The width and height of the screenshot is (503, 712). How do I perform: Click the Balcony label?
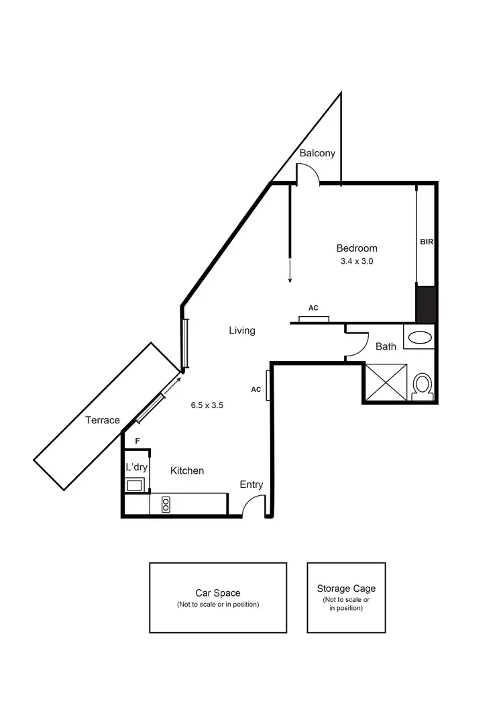click(317, 153)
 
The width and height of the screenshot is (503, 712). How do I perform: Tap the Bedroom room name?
click(357, 248)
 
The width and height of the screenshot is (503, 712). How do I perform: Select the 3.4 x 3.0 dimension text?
click(357, 262)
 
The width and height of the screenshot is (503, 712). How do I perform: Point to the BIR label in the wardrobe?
click(427, 242)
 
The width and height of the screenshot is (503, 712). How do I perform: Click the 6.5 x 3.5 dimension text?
click(207, 405)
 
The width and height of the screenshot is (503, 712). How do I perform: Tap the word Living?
click(241, 330)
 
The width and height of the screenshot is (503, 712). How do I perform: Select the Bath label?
click(386, 346)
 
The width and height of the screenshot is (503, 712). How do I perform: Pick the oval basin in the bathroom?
click(421, 337)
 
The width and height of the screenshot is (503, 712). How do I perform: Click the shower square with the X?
click(385, 383)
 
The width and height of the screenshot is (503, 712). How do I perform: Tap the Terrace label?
click(103, 421)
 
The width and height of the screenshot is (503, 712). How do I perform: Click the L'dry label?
click(137, 466)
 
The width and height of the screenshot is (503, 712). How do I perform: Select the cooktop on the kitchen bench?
click(165, 504)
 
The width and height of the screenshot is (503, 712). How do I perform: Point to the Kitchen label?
click(186, 471)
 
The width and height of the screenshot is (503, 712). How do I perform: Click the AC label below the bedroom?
click(313, 308)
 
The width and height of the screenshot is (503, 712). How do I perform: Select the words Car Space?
click(218, 593)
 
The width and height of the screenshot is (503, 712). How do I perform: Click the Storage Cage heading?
click(346, 589)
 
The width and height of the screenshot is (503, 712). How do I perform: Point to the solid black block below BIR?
click(426, 304)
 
